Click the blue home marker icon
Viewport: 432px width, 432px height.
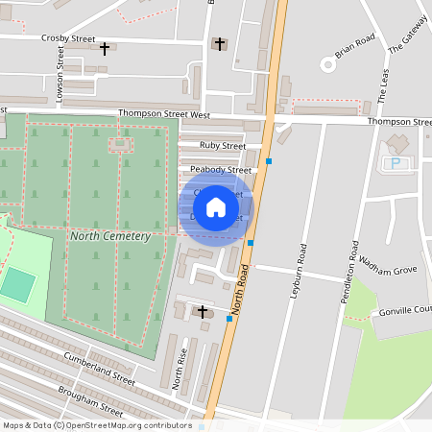[216, 206]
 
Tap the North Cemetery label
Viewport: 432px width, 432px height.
[110, 235]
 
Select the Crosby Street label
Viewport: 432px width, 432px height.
[68, 39]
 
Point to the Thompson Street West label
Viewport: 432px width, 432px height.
[164, 113]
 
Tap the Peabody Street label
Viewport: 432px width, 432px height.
[220, 170]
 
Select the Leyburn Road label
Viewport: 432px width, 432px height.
[299, 271]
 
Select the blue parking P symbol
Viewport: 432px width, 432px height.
[394, 163]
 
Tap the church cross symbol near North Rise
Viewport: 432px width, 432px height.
[202, 310]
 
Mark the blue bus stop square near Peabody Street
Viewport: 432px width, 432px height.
[270, 161]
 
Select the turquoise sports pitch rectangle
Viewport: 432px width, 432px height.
[17, 284]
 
